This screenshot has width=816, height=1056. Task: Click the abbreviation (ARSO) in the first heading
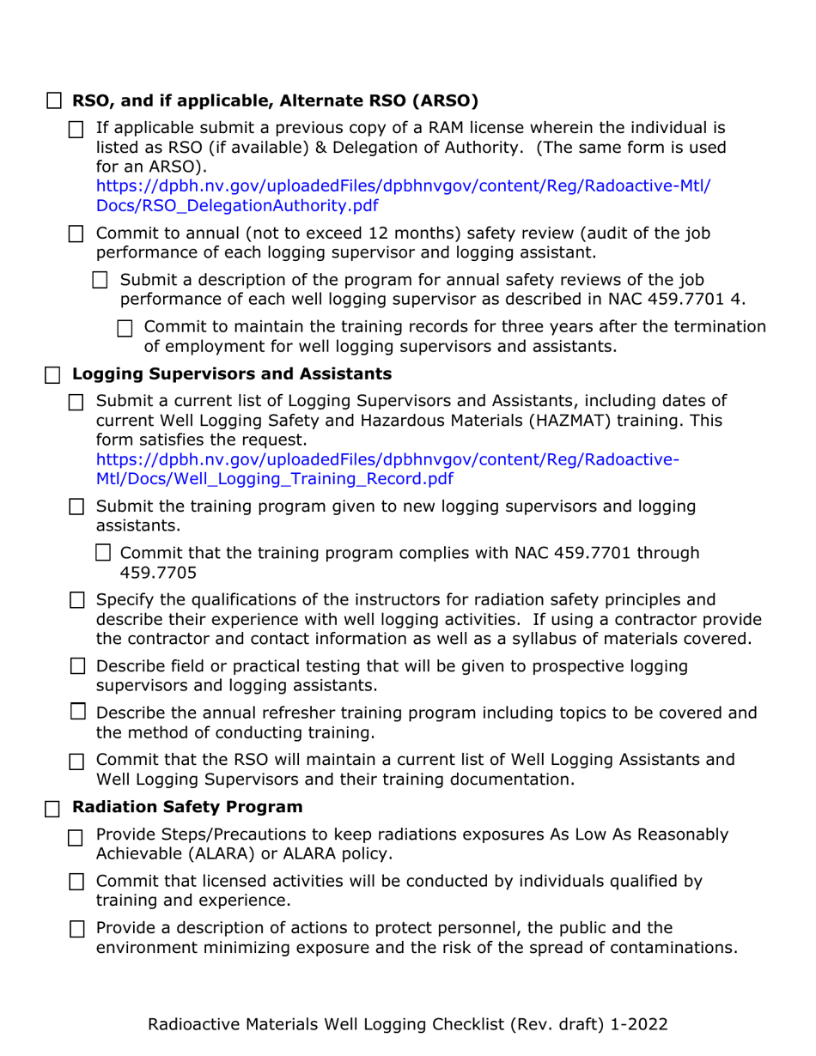[435, 100]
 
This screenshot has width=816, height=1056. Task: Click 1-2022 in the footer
[636, 1023]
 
